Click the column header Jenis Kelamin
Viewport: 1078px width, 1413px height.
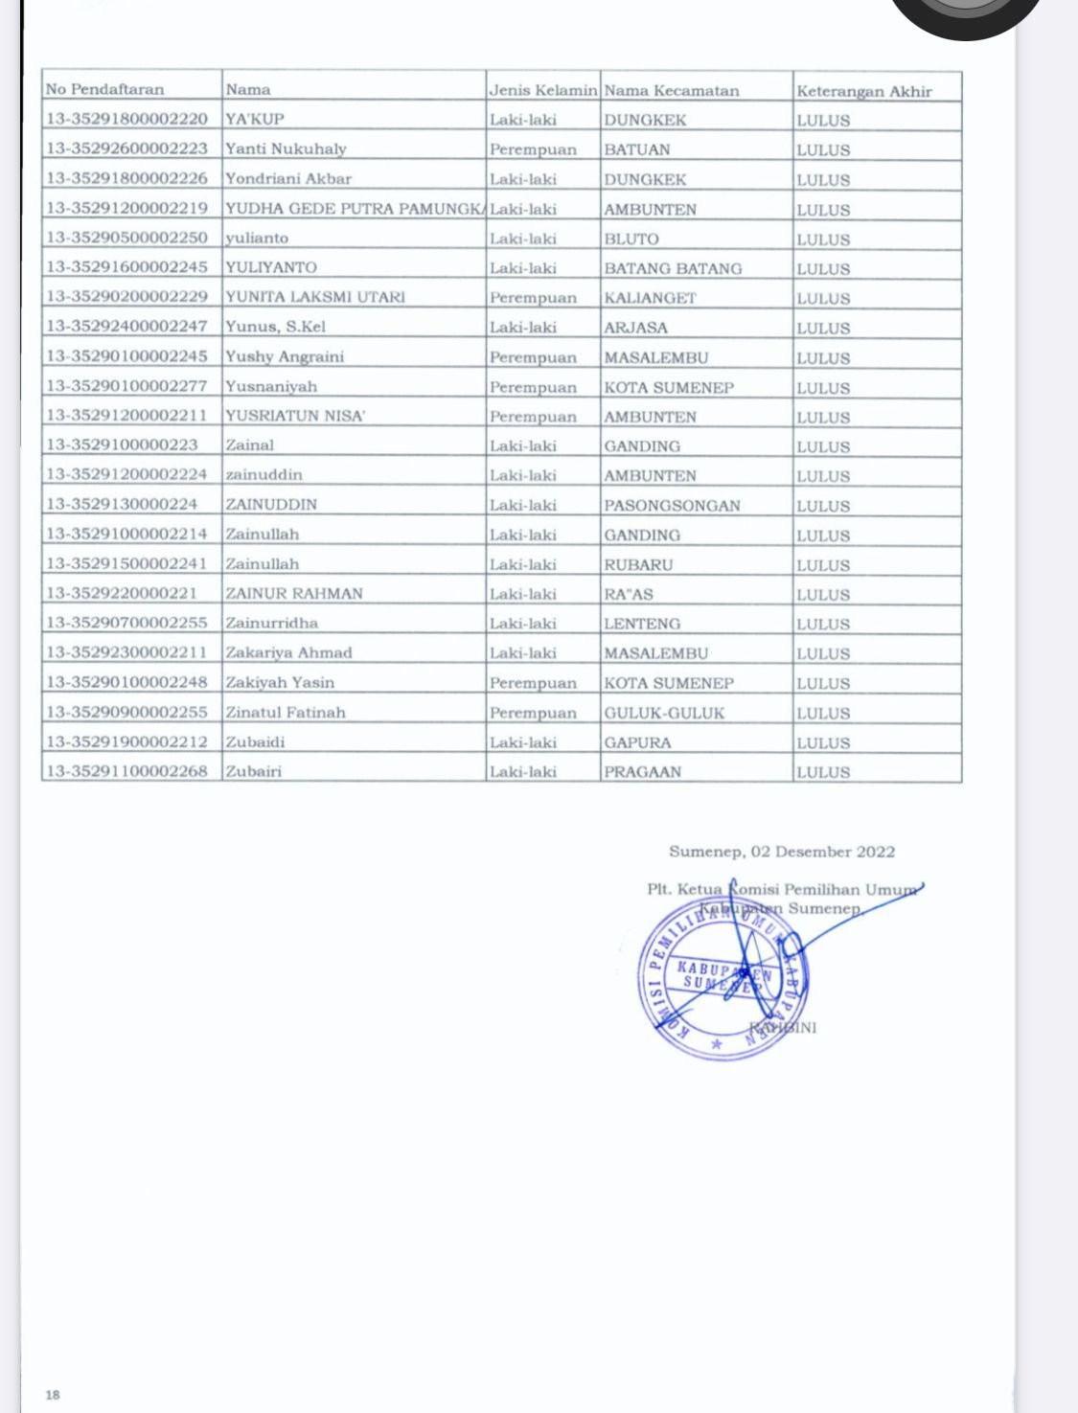point(543,90)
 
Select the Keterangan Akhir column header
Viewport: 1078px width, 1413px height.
point(863,91)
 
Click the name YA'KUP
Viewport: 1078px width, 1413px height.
point(255,120)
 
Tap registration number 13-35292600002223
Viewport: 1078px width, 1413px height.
point(126,149)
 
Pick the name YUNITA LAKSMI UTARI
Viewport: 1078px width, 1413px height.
point(315,297)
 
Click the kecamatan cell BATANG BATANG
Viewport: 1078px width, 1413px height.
point(673,268)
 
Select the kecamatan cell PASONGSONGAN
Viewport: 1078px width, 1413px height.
point(672,505)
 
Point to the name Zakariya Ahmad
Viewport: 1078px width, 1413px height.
point(288,652)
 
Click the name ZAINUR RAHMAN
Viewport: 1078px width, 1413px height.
point(294,593)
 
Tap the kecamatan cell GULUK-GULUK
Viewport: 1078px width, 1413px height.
point(664,713)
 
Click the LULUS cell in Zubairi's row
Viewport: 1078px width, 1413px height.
point(823,772)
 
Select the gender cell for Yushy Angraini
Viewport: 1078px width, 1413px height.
point(533,357)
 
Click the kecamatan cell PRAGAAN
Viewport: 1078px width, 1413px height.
point(642,772)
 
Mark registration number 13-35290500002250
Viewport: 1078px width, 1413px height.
point(126,239)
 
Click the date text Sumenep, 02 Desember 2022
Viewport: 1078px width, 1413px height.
point(782,852)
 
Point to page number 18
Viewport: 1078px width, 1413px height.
point(53,1395)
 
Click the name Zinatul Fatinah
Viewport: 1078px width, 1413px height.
point(286,713)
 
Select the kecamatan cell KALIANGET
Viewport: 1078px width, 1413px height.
point(650,298)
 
